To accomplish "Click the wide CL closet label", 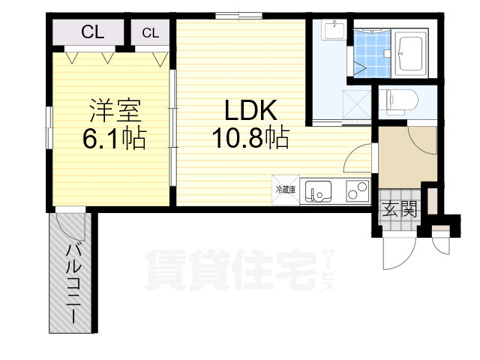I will [x=92, y=32].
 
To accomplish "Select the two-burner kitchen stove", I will [x=358, y=191].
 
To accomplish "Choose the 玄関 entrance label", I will [x=399, y=210].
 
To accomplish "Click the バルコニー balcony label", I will [x=73, y=282].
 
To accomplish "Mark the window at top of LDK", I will [x=238, y=15].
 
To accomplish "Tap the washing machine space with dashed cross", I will [x=358, y=101].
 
